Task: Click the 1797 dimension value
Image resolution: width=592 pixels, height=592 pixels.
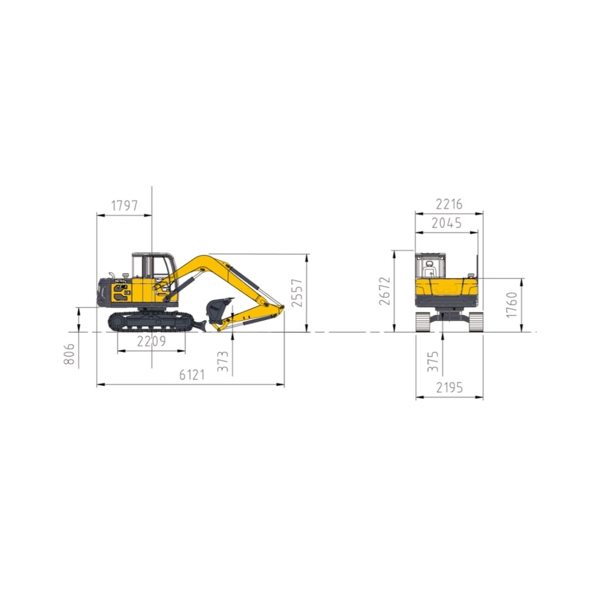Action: click(x=124, y=206)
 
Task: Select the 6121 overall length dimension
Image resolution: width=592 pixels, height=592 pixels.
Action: click(x=192, y=375)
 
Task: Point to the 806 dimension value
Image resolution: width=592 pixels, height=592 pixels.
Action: click(x=70, y=355)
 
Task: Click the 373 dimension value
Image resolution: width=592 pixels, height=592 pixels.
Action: click(x=224, y=362)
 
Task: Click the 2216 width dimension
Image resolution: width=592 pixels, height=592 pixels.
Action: click(x=449, y=204)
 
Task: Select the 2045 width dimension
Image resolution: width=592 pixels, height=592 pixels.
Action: click(x=446, y=223)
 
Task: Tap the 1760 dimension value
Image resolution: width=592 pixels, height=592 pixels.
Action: click(x=511, y=305)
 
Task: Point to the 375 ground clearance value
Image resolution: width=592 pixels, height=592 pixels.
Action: click(x=434, y=362)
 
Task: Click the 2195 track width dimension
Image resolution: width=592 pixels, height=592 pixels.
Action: click(x=449, y=388)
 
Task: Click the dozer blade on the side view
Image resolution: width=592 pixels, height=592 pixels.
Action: click(x=200, y=326)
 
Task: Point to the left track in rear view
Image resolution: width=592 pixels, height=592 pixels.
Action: click(x=423, y=322)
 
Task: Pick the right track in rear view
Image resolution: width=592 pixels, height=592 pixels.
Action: click(x=475, y=322)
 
